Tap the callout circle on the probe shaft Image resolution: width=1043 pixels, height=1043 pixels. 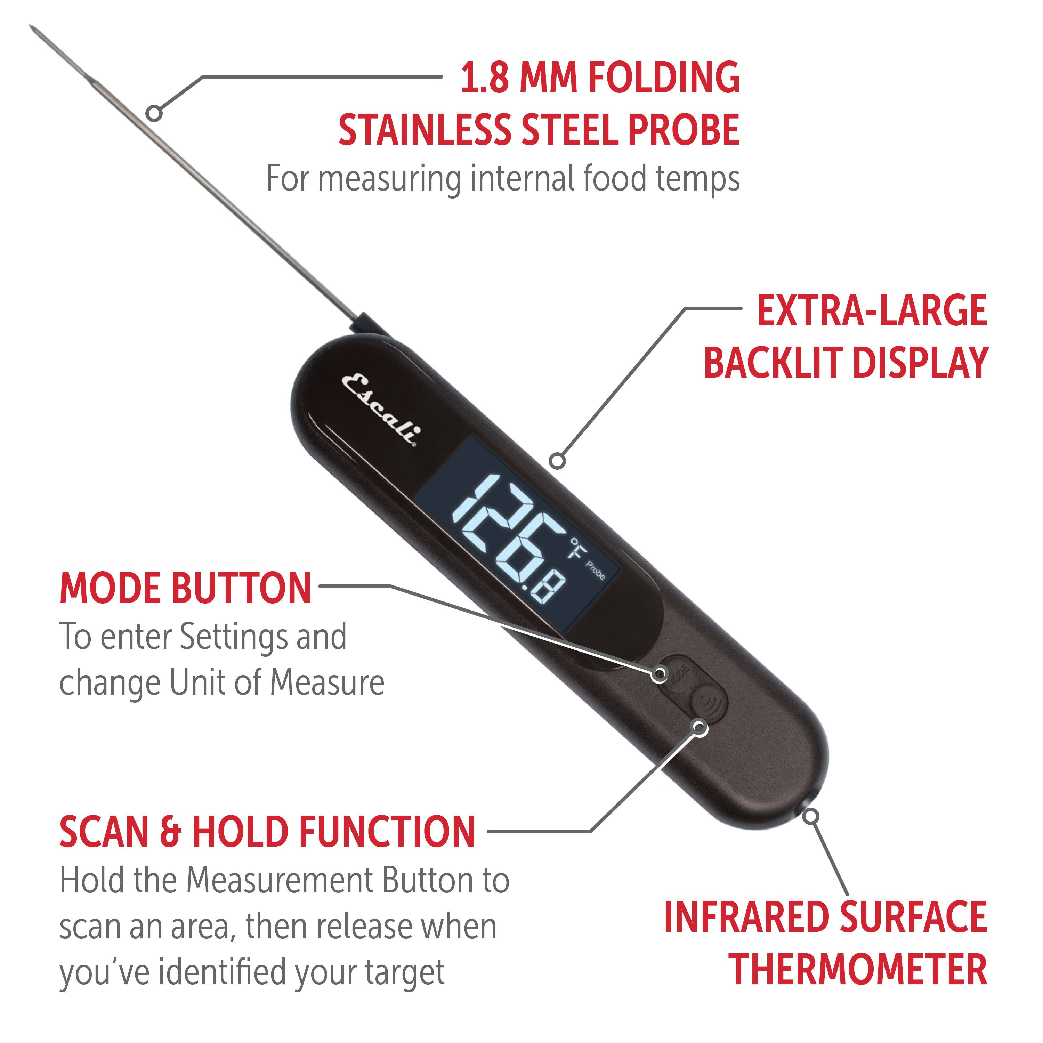pyautogui.click(x=154, y=113)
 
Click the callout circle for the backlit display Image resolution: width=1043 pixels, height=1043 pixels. pyautogui.click(x=558, y=461)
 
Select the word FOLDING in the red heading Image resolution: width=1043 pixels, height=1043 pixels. pyautogui.click(x=664, y=78)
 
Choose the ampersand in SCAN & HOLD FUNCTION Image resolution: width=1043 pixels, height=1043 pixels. pyautogui.click(x=171, y=832)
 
